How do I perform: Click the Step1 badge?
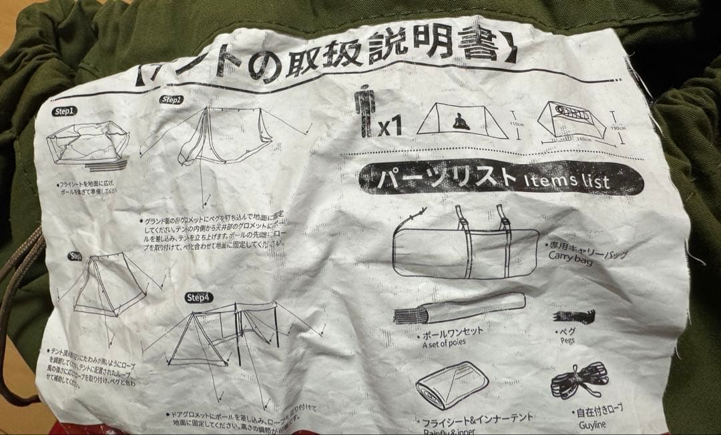click(x=65, y=111)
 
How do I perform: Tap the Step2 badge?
click(x=171, y=100)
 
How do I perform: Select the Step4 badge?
click(x=199, y=297)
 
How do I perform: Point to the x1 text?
click(x=390, y=126)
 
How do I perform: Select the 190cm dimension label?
click(x=619, y=128)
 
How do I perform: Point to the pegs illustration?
click(x=573, y=316)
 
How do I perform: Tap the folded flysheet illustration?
click(x=452, y=386)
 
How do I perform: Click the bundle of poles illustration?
click(x=457, y=308)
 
